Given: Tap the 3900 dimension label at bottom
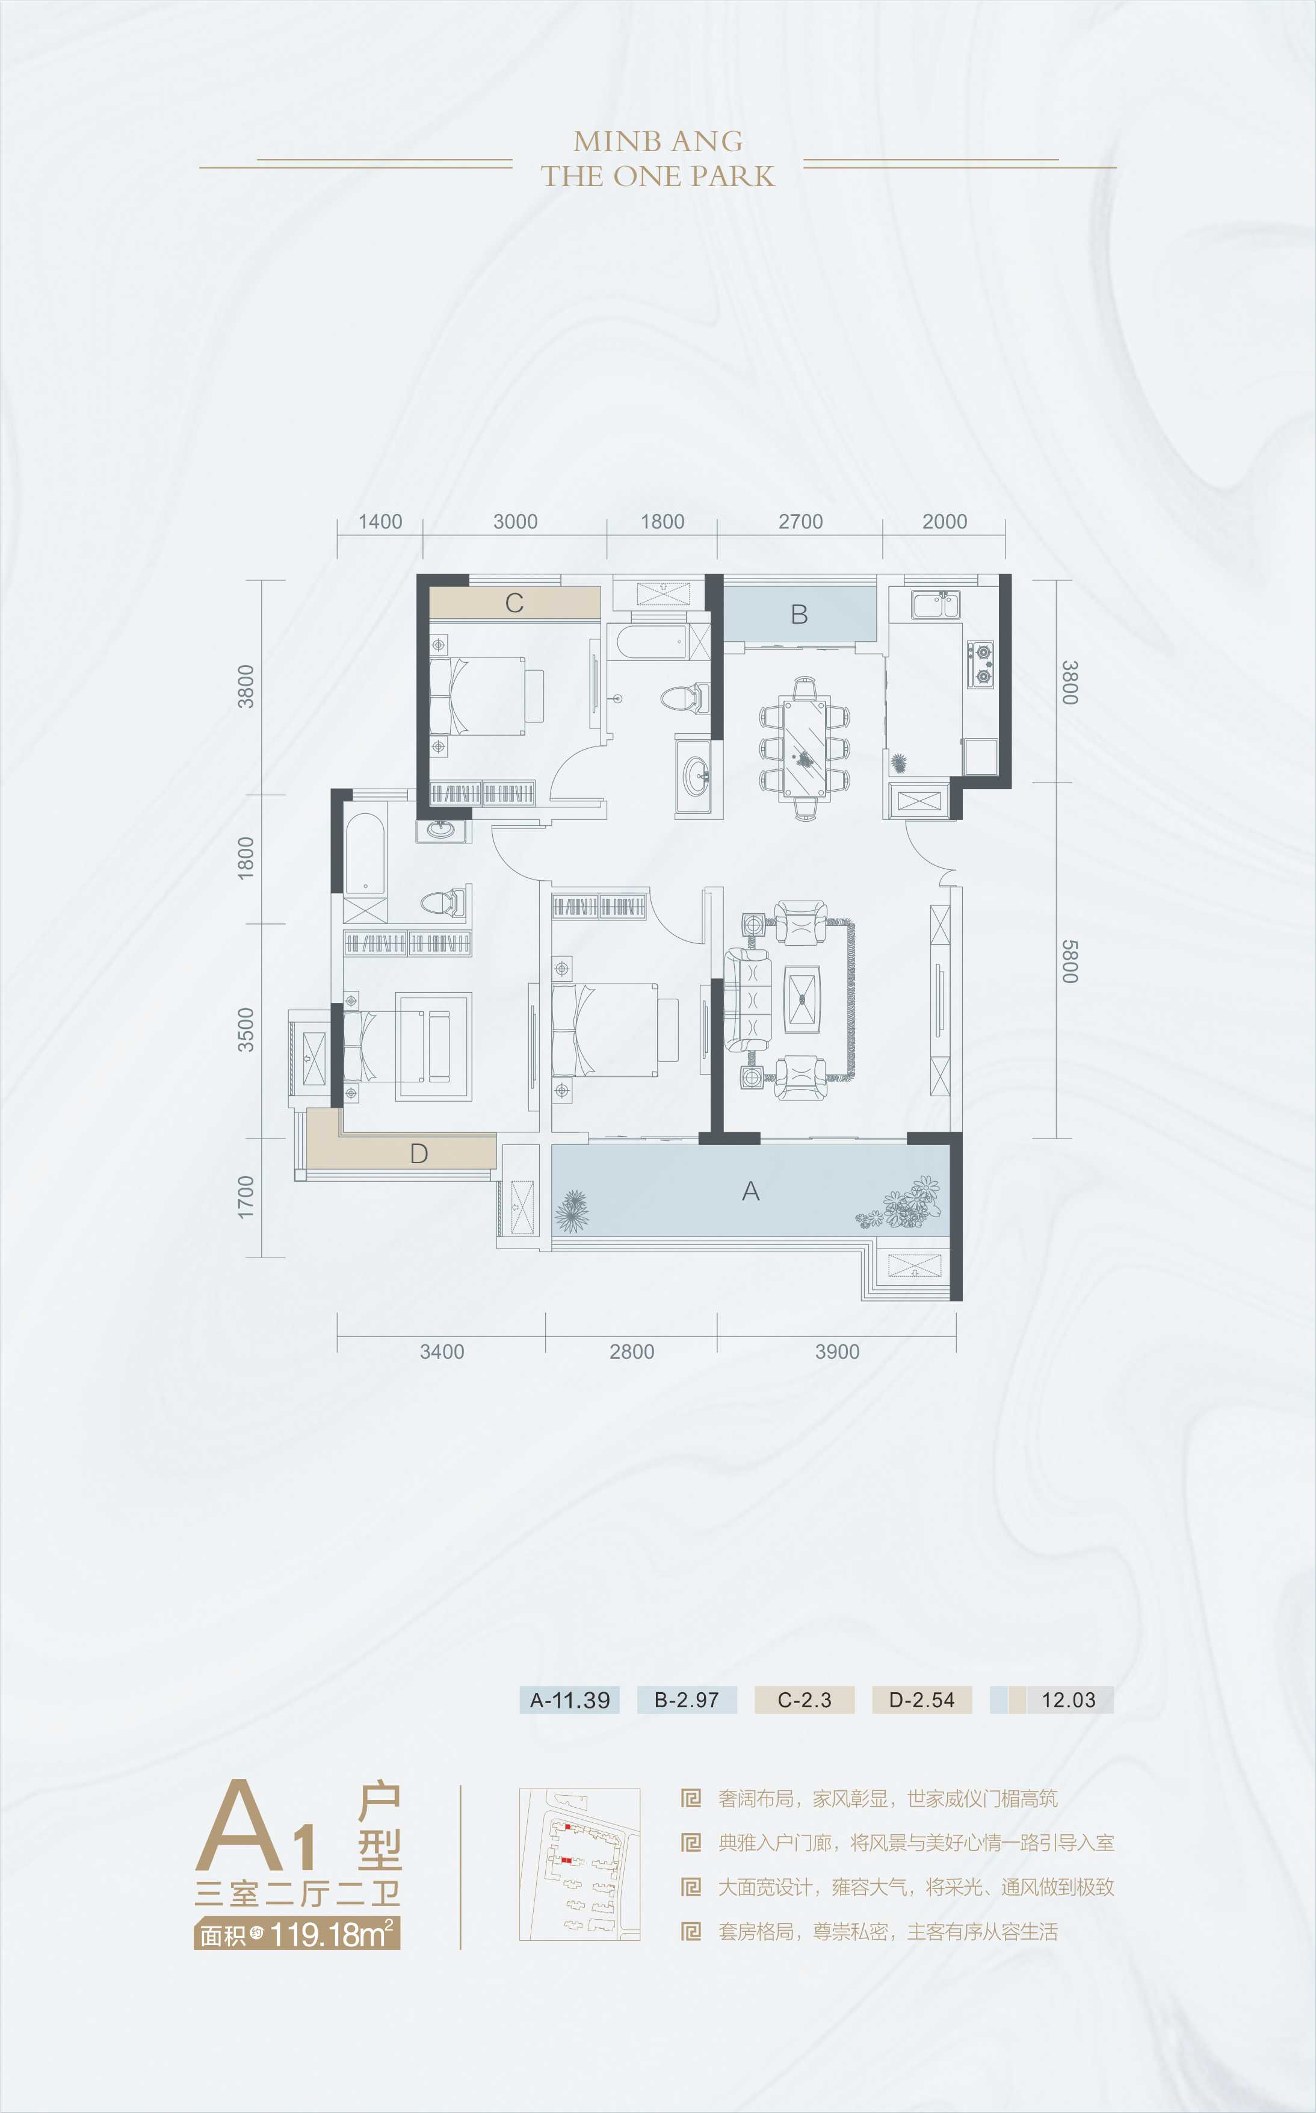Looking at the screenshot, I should [x=836, y=1351].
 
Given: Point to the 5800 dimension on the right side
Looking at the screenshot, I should [x=1070, y=961].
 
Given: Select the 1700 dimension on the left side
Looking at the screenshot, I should [x=246, y=1197].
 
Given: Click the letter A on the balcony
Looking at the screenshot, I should [x=750, y=1191].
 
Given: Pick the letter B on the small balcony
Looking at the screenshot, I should [x=799, y=615].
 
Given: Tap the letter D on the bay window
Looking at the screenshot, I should [x=419, y=1153].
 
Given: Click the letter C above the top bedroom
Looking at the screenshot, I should [x=514, y=603].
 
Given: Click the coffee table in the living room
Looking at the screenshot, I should [x=802, y=999].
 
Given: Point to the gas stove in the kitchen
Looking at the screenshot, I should [x=981, y=663].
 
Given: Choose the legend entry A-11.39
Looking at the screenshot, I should [x=569, y=1699].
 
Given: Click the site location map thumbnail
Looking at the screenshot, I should [x=579, y=1864].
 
